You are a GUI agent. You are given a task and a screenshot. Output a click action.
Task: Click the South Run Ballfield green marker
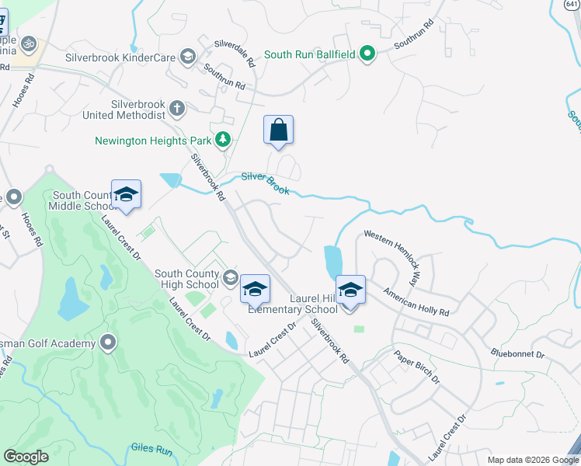(x=368, y=54)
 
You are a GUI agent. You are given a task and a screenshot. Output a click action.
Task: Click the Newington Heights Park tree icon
(x=224, y=140)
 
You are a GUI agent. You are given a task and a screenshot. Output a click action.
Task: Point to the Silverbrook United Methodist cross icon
(x=177, y=108)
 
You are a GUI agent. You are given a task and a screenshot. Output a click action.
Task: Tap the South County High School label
(x=186, y=279)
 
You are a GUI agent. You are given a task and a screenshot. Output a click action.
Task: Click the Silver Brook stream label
(x=265, y=183)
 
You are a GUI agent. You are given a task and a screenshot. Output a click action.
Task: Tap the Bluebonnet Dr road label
(x=517, y=354)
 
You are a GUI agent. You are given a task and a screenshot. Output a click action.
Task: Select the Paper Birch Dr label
(x=416, y=368)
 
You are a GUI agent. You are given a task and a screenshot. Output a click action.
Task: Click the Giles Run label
(x=151, y=448)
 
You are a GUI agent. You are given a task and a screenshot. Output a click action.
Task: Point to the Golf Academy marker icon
(x=108, y=343)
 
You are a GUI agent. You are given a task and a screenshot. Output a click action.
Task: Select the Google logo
(x=26, y=457)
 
